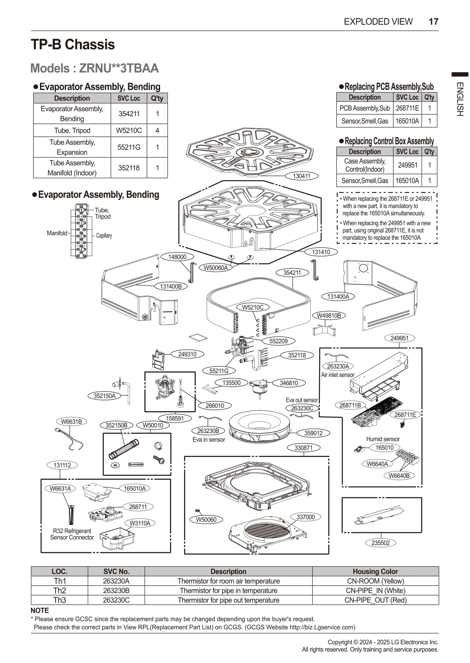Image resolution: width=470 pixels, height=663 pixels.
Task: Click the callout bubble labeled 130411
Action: [301, 176]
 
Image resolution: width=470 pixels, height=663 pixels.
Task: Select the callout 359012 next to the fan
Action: [313, 433]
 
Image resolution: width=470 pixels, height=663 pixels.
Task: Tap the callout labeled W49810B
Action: [329, 315]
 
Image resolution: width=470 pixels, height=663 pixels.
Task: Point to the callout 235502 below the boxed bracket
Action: [380, 543]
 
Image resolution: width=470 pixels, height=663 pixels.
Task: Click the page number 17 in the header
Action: [433, 22]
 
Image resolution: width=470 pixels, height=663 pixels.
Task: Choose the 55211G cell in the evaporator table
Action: [129, 147]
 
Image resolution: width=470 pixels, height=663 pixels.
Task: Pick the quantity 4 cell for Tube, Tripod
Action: [157, 130]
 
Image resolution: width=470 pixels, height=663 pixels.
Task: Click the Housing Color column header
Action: [375, 571]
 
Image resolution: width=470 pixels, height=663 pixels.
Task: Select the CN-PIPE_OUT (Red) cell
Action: [375, 600]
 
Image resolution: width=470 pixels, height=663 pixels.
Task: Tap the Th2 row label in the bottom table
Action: [60, 591]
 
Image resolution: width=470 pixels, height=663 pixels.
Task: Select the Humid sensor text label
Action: [383, 439]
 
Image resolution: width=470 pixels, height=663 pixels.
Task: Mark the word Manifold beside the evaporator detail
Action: [57, 233]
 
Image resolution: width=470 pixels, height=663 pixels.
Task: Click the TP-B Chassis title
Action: [73, 45]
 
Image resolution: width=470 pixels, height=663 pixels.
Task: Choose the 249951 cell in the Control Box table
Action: [407, 165]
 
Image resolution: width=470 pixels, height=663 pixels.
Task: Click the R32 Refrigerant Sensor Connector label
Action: [72, 534]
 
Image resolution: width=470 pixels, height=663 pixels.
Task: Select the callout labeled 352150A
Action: [105, 396]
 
